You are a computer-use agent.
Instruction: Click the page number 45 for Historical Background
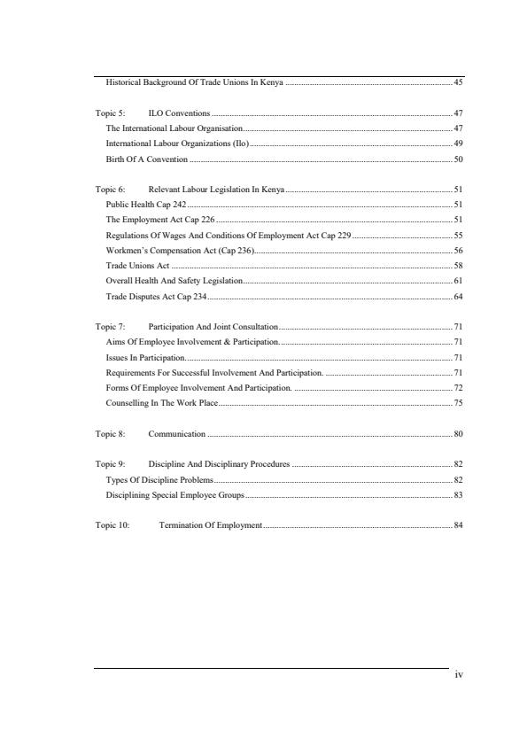pos(458,82)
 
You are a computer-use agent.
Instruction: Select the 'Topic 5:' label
pos(110,113)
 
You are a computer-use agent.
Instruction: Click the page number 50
pos(458,159)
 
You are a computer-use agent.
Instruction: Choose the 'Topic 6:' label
pos(110,190)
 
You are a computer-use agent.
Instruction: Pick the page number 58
pos(458,265)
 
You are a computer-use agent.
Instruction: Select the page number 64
pos(458,296)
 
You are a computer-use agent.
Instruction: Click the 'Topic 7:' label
pos(110,327)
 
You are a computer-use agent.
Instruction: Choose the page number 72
pos(458,388)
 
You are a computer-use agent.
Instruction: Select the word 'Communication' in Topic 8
pos(177,434)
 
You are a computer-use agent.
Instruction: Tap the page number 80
pos(458,434)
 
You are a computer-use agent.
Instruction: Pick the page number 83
pos(458,494)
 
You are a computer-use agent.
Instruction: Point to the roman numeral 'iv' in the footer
pos(458,676)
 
